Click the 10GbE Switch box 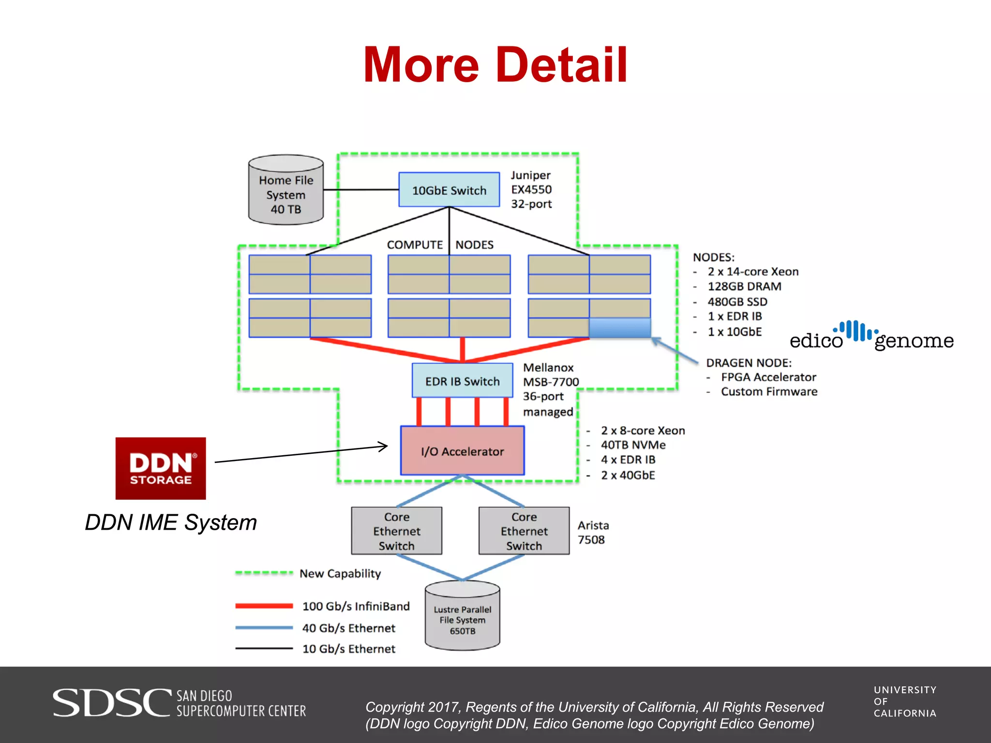click(x=449, y=190)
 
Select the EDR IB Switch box click(x=462, y=381)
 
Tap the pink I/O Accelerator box click(x=462, y=451)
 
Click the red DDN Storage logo click(x=161, y=468)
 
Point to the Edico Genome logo click(x=871, y=336)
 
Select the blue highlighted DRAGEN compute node click(x=620, y=327)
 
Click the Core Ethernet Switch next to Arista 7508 click(x=524, y=531)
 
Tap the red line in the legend click(x=264, y=606)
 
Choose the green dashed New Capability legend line click(x=264, y=573)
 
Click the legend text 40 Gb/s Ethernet click(x=348, y=628)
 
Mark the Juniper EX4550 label click(x=531, y=189)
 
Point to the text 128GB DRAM click(x=744, y=286)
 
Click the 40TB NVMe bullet click(x=633, y=445)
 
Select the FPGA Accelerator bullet click(x=768, y=377)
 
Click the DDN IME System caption click(x=171, y=522)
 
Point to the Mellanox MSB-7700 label click(x=551, y=375)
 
